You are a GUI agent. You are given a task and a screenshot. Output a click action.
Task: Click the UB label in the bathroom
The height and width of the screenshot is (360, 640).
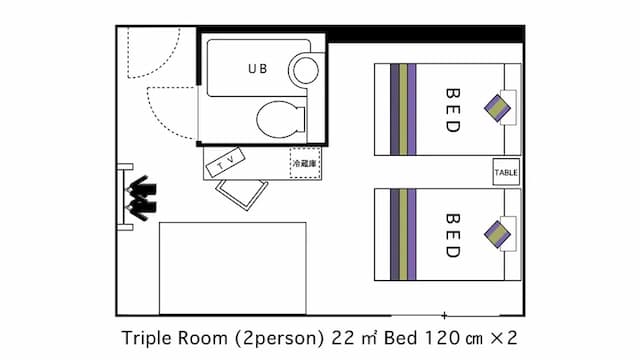tap(258, 69)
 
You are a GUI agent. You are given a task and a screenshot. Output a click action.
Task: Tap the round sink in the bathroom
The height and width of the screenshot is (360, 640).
tap(305, 70)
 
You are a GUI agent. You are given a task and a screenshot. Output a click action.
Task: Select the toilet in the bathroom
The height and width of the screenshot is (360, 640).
tap(281, 120)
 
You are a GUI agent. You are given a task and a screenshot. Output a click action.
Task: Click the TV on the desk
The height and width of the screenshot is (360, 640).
tap(225, 162)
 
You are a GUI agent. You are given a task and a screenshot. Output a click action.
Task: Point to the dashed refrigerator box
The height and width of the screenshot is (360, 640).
tap(305, 163)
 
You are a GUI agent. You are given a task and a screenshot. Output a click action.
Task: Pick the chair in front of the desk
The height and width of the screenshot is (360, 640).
tap(242, 194)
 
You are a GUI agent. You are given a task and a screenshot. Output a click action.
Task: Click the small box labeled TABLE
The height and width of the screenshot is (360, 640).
tap(506, 172)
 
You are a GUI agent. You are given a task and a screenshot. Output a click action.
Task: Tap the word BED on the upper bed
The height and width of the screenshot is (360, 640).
tap(453, 110)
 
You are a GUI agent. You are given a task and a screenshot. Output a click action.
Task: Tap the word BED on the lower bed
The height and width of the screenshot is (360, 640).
tap(453, 235)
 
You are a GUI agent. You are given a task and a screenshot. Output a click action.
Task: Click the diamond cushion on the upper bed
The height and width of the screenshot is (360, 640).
tap(497, 108)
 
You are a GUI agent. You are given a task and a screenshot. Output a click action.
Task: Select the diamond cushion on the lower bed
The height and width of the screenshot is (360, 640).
tap(497, 234)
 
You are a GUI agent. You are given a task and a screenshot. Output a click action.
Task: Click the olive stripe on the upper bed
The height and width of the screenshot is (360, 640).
tap(403, 109)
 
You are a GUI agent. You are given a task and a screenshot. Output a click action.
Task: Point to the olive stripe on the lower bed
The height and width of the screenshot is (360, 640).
tap(403, 235)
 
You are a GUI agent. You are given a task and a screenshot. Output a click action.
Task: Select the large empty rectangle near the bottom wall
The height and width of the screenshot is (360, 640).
tap(233, 268)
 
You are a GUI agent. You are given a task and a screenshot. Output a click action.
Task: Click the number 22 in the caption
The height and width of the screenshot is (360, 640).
tap(342, 338)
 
